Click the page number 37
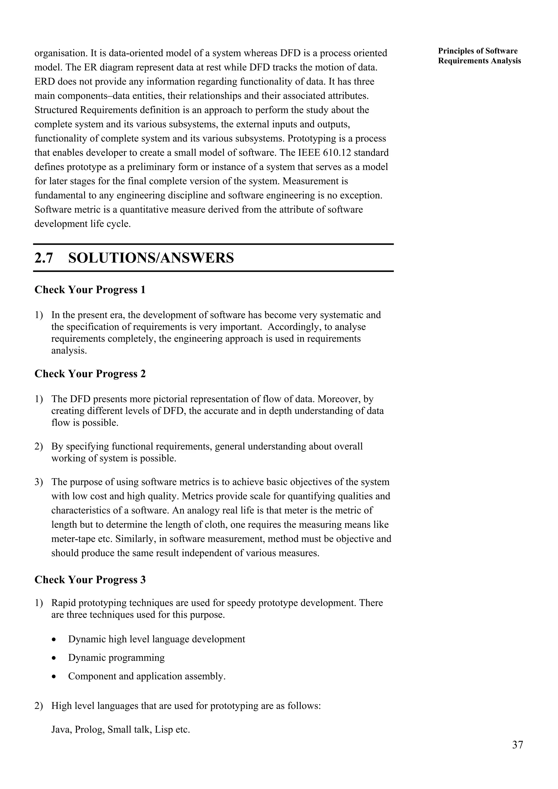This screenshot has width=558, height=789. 517,745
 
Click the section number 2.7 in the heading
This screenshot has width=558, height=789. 44,258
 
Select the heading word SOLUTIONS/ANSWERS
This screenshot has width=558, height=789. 151,258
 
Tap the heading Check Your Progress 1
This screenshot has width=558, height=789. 90,290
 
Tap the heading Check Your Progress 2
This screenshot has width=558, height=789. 90,374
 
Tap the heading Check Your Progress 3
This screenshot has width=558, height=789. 90,580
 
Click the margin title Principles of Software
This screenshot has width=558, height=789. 478,51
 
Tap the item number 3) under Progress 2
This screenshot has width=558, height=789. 38,482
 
